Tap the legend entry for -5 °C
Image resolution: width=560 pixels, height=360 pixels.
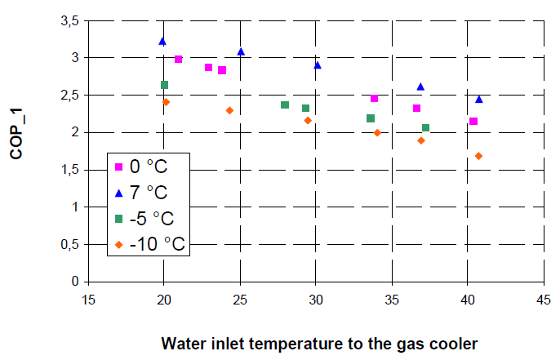coord(151,218)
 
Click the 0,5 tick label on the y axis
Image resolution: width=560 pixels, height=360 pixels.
coord(69,244)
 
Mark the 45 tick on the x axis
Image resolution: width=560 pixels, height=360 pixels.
coord(543,298)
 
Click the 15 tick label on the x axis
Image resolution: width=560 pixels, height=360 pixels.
coord(88,298)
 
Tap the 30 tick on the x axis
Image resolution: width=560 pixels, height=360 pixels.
coord(315,298)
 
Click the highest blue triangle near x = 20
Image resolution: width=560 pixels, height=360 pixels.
coord(162,41)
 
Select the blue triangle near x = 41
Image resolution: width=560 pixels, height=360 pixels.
coord(479,100)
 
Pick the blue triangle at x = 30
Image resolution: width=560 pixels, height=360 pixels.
coord(318,65)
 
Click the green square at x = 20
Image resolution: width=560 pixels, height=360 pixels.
coord(164,85)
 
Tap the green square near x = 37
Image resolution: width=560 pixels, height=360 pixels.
coord(425,127)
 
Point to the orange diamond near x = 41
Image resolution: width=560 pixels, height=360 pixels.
coord(478,156)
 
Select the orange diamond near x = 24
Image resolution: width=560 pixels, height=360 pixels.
coord(229,110)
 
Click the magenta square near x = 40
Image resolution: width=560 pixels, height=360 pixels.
coord(473,122)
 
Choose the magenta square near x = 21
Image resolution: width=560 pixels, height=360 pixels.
coord(178,60)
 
